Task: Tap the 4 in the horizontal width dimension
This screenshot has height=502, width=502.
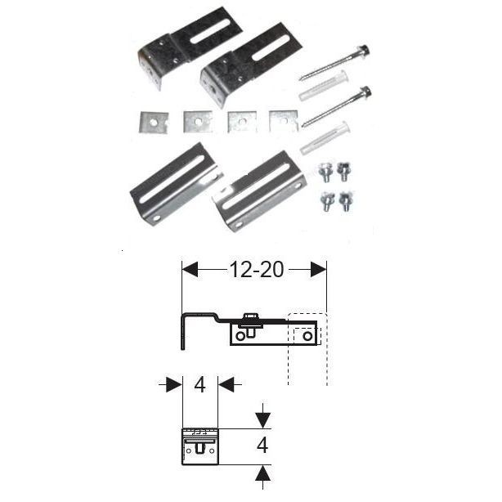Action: [200, 384]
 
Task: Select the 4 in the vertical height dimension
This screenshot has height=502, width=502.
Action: [262, 446]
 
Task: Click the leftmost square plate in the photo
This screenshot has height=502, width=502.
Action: [150, 121]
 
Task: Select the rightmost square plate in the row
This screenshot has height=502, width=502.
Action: [282, 121]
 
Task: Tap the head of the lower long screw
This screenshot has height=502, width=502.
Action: [365, 92]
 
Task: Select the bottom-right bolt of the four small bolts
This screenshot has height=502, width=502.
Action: [346, 199]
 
